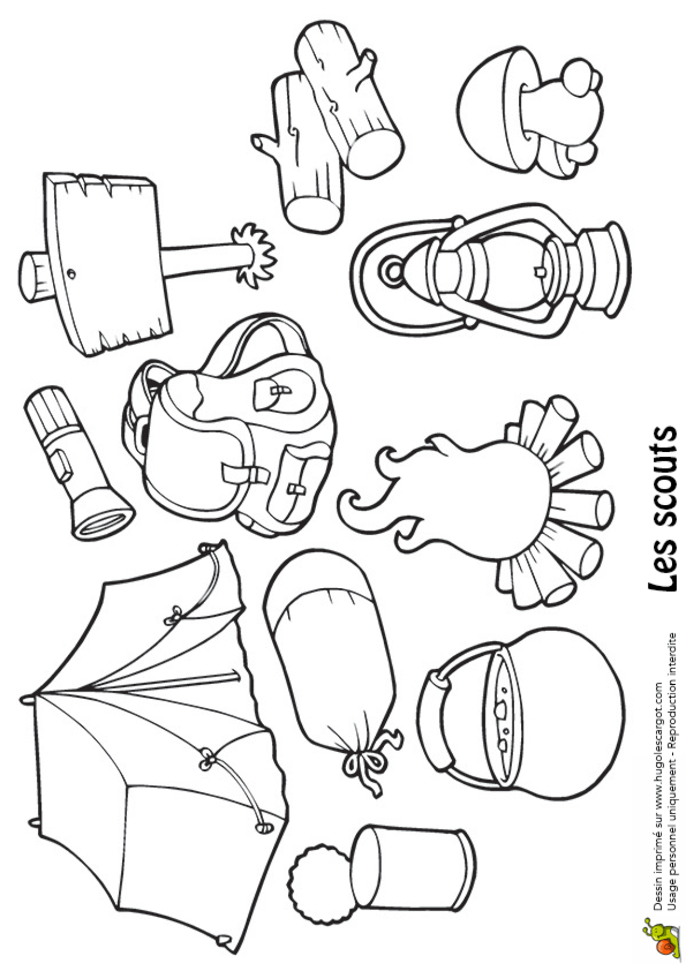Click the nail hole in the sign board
(72, 273)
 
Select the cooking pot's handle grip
(437, 719)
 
